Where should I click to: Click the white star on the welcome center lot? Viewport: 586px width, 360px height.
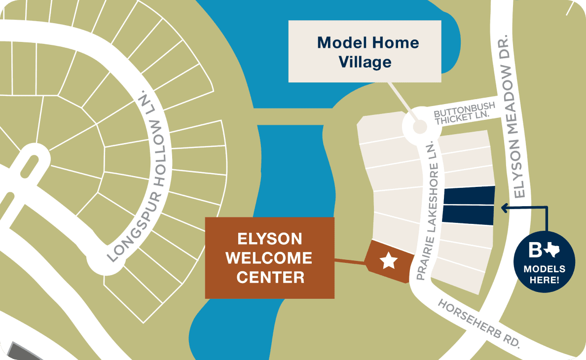pyautogui.click(x=389, y=260)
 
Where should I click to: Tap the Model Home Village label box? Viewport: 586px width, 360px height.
pyautogui.click(x=365, y=51)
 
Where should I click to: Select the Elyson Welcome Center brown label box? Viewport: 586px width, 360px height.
pyautogui.click(x=269, y=258)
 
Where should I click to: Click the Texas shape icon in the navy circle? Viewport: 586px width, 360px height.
pyautogui.click(x=552, y=252)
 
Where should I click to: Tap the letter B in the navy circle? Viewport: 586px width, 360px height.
pyautogui.click(x=535, y=251)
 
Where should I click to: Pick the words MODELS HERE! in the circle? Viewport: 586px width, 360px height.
pyautogui.click(x=545, y=275)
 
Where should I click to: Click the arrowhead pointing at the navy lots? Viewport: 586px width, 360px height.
pyautogui.click(x=504, y=208)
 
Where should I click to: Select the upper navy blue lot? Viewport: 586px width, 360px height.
pyautogui.click(x=469, y=196)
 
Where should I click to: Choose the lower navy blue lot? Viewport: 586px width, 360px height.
pyautogui.click(x=468, y=215)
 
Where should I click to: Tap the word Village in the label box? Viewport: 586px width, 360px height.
pyautogui.click(x=365, y=62)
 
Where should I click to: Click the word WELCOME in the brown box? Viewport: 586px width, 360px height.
pyautogui.click(x=269, y=258)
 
